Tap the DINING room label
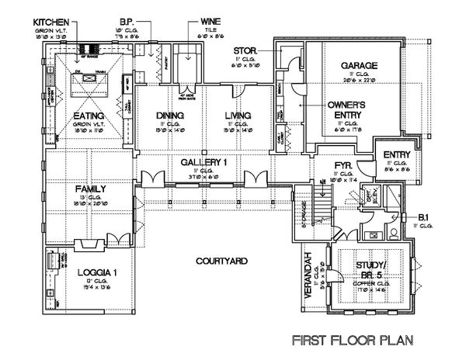169,116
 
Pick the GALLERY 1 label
203,162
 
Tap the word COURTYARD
216,261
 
